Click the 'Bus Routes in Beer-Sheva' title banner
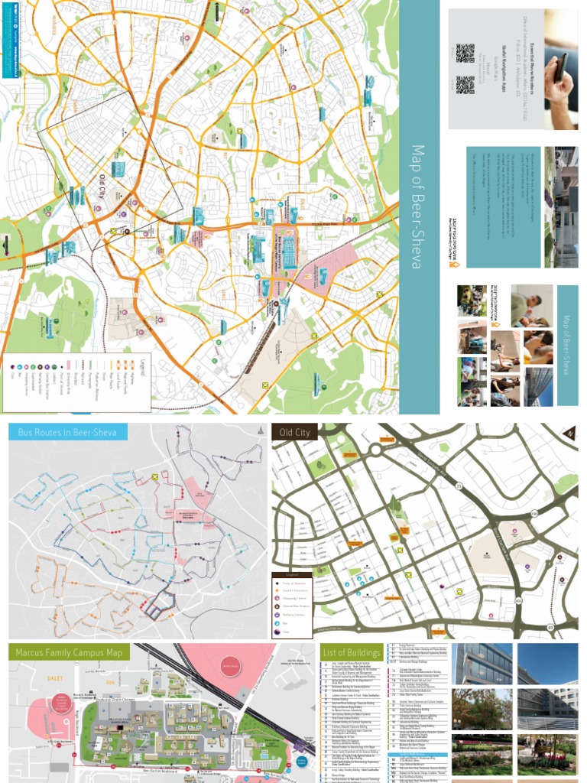click(x=67, y=433)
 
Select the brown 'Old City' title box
click(x=294, y=433)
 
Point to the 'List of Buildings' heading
click(x=352, y=651)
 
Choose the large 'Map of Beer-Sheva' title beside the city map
click(x=417, y=206)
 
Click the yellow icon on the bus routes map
click(x=155, y=476)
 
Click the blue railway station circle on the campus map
click(x=301, y=762)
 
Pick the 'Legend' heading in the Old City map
click(x=291, y=574)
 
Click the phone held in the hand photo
click(x=560, y=67)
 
